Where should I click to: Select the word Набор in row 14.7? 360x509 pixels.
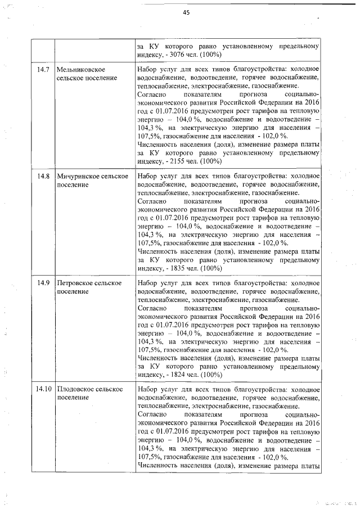coord(147,69)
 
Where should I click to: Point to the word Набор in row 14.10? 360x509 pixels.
coord(147,389)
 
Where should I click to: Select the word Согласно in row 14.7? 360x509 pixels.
coord(151,94)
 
